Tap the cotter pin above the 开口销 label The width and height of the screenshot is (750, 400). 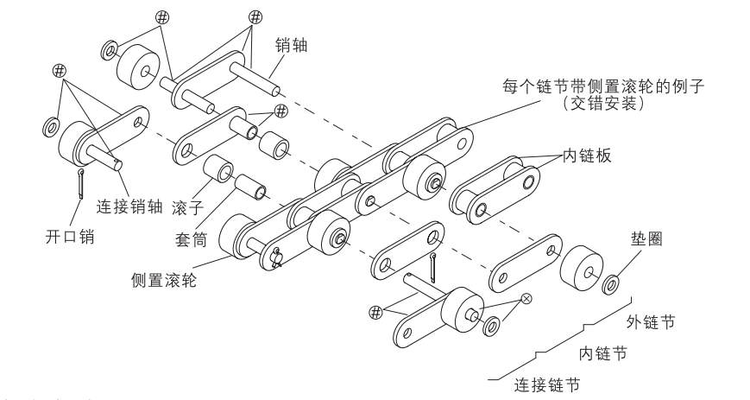pyautogui.click(x=79, y=182)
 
